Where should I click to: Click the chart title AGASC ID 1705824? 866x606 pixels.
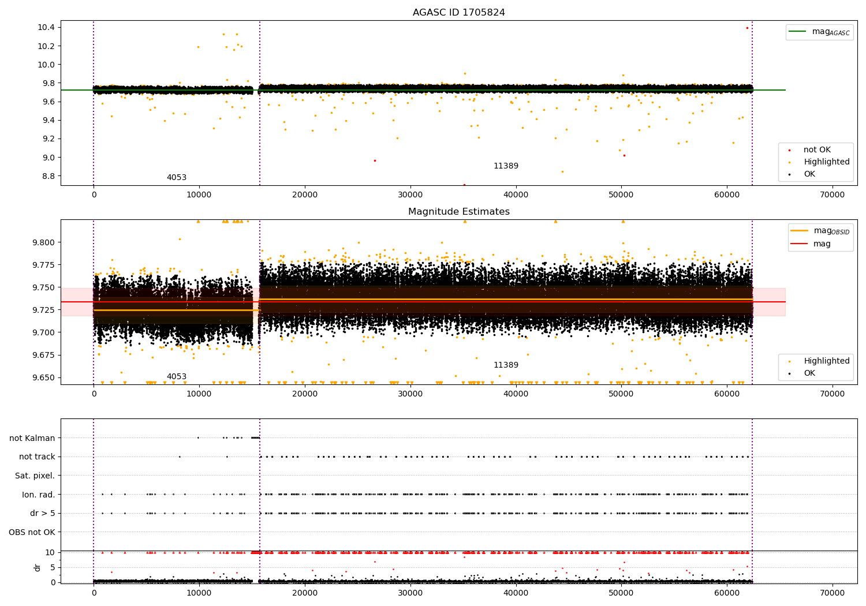(458, 13)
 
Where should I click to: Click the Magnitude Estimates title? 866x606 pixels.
(458, 212)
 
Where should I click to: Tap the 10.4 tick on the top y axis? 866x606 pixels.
(46, 28)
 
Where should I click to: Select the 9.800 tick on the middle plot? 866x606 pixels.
(44, 242)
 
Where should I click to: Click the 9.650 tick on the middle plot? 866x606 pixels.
(44, 377)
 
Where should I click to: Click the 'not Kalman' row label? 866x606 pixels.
(32, 438)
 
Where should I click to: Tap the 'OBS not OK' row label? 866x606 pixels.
(32, 532)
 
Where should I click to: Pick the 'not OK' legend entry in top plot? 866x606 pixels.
(817, 150)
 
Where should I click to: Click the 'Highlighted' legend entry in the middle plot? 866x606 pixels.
(826, 361)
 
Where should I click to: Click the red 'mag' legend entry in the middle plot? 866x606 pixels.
(822, 244)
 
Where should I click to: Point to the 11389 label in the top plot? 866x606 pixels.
(506, 166)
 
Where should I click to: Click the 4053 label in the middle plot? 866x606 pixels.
(177, 377)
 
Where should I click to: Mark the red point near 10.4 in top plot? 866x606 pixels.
(747, 28)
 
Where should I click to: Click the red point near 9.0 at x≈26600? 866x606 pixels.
(375, 160)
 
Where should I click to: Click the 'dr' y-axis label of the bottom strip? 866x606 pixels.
(38, 567)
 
